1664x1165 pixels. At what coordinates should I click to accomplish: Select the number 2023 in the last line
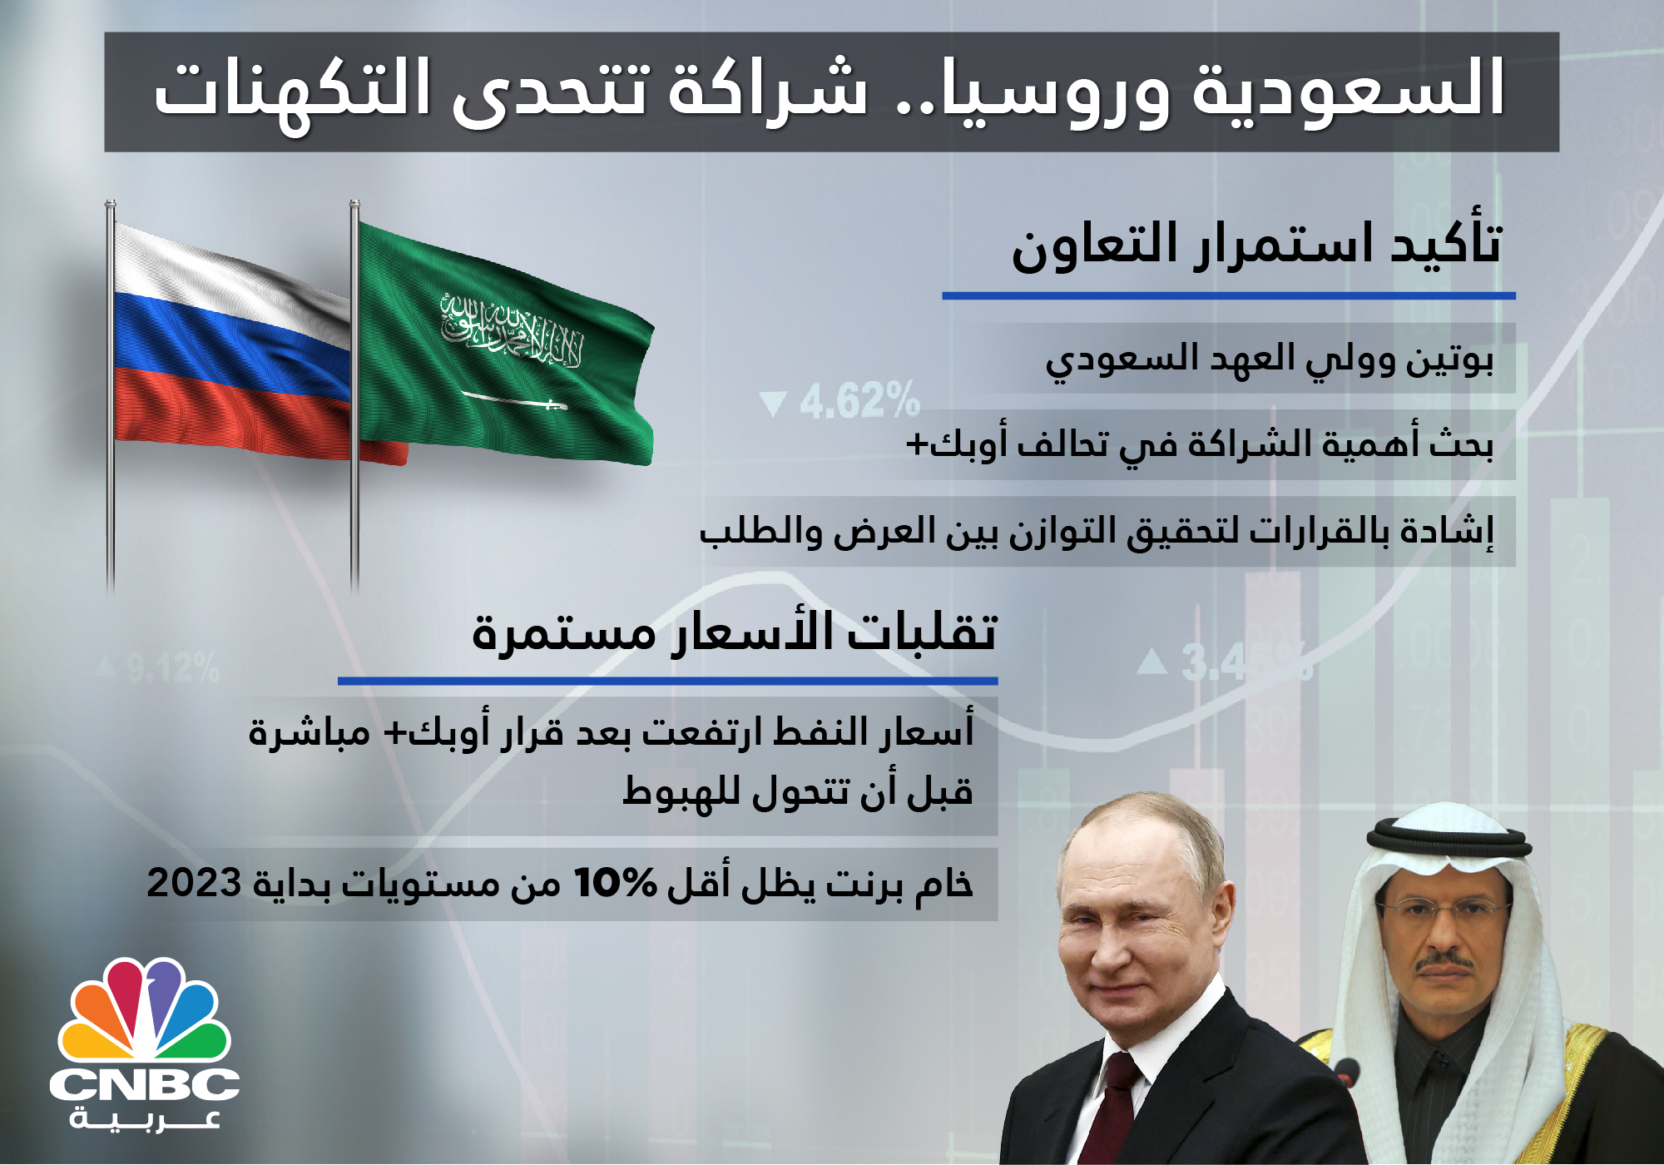click(194, 883)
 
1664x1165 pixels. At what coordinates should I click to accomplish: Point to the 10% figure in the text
click(616, 883)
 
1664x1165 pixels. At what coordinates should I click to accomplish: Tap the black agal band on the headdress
click(1450, 840)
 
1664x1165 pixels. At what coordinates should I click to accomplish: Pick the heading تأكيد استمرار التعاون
click(1256, 245)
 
